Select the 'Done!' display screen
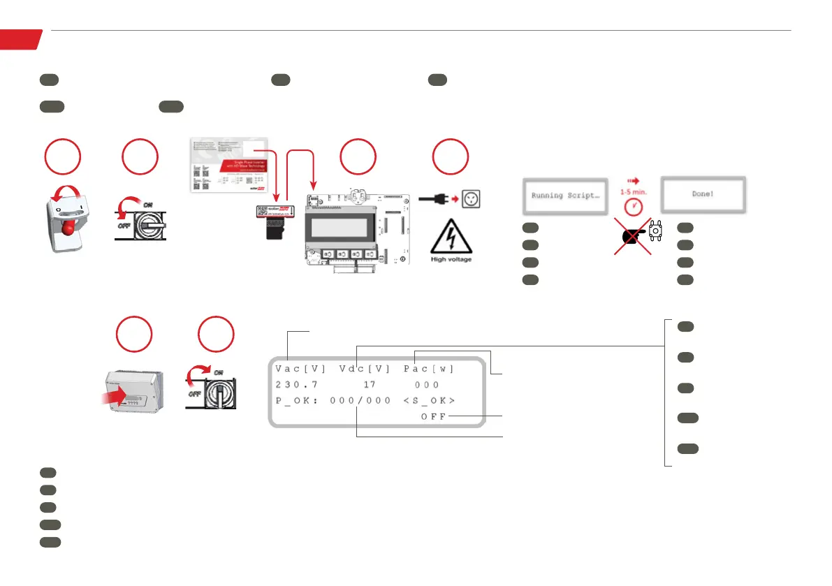(x=703, y=195)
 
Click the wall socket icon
(x=472, y=198)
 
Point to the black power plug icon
(x=430, y=198)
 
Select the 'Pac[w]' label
(x=428, y=368)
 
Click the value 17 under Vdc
(x=370, y=384)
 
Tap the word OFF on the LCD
(x=433, y=416)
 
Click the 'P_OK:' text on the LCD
(x=296, y=400)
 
